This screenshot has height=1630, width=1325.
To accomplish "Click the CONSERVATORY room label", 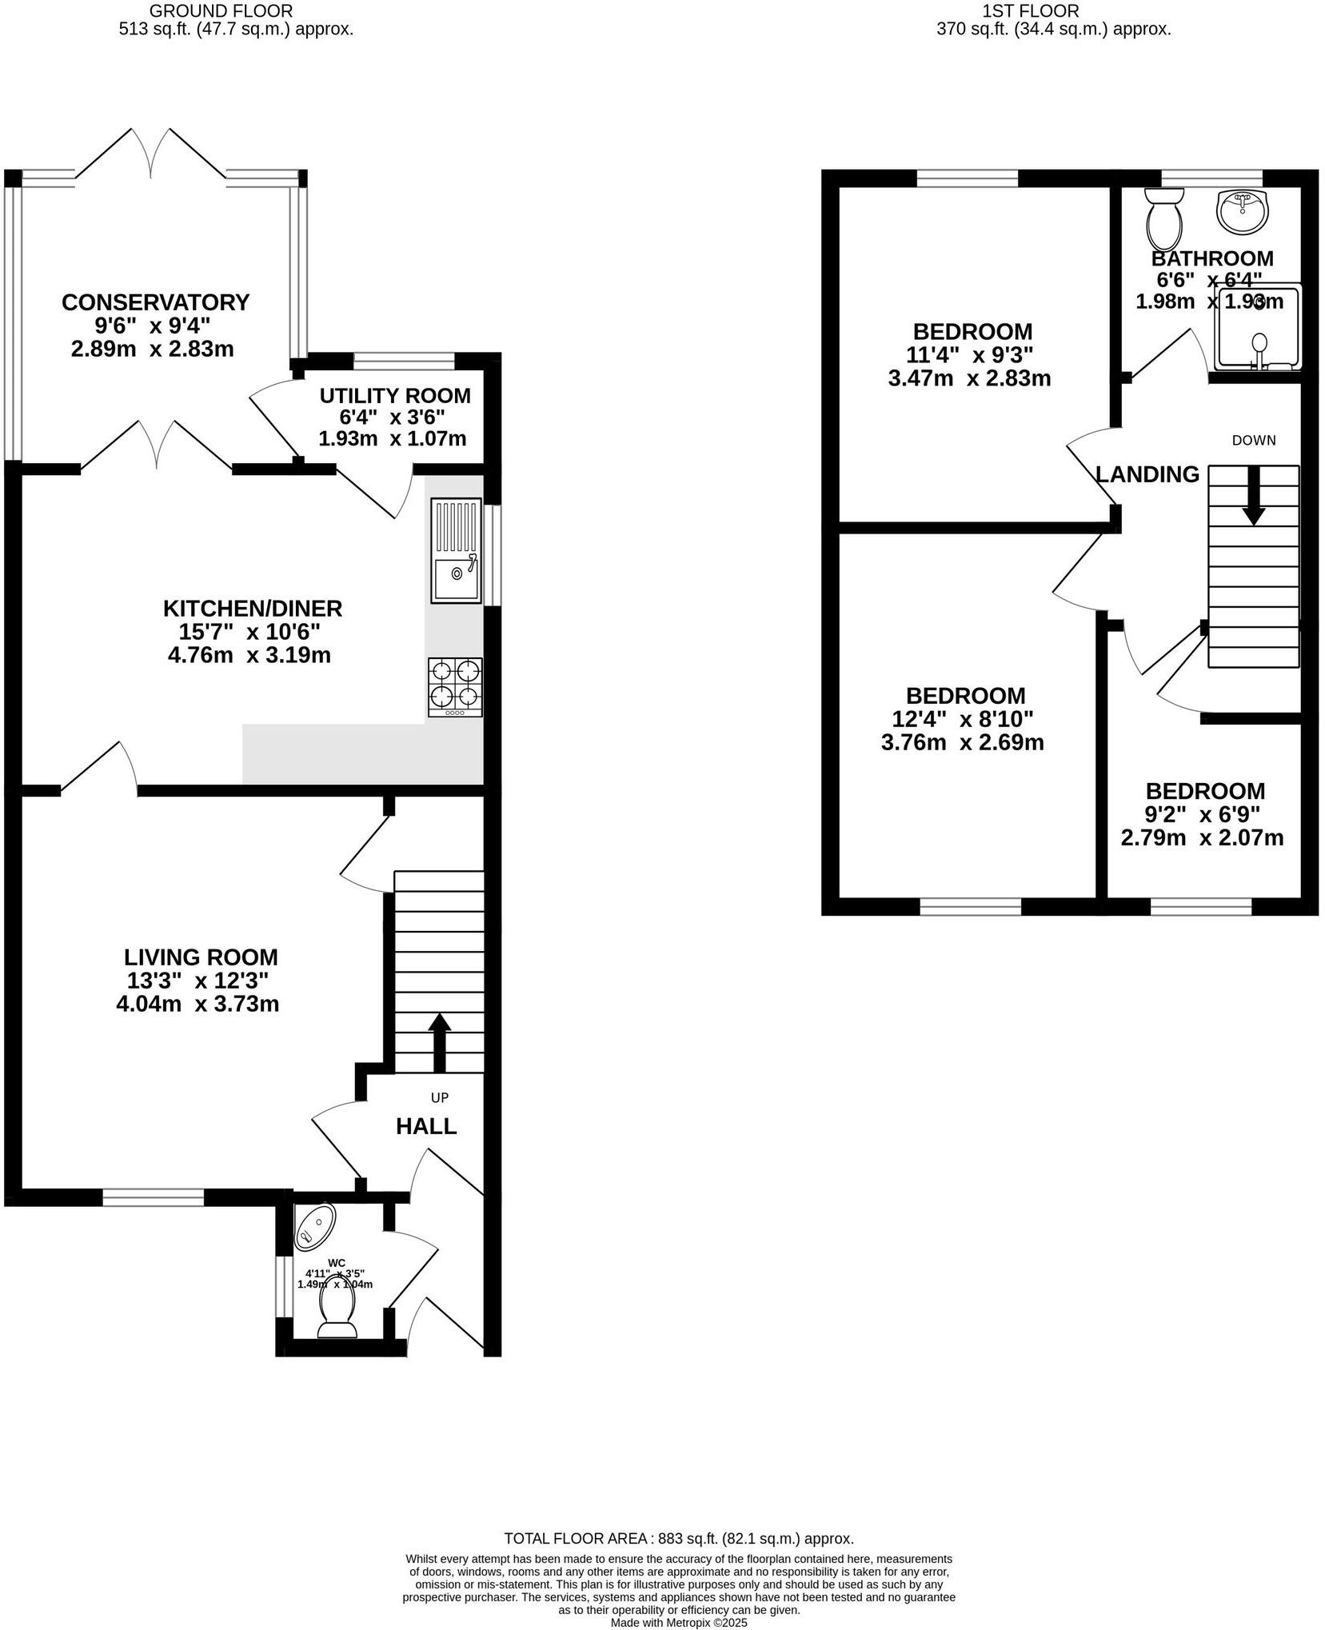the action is [x=155, y=302].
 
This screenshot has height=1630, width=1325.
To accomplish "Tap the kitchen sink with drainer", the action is [x=456, y=550].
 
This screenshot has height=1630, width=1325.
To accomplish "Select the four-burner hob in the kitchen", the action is [x=455, y=686].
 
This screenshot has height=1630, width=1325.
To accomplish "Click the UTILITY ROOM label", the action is [x=394, y=396].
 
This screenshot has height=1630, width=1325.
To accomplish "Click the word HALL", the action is [x=426, y=1126].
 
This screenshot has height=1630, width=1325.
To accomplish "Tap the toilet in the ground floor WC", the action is [x=337, y=1312].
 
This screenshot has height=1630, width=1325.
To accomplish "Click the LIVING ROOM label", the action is [x=201, y=957].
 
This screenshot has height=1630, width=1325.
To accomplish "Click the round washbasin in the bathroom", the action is [x=1241, y=211].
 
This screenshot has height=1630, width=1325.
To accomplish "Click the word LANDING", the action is [x=1147, y=474].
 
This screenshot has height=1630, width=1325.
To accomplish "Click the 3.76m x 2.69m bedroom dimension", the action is [x=962, y=742].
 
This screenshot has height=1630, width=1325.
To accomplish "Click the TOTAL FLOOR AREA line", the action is [x=678, y=1538].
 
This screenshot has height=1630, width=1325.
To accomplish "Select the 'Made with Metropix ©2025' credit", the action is [x=678, y=1623].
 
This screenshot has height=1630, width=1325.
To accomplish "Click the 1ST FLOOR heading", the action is [x=1031, y=11].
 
